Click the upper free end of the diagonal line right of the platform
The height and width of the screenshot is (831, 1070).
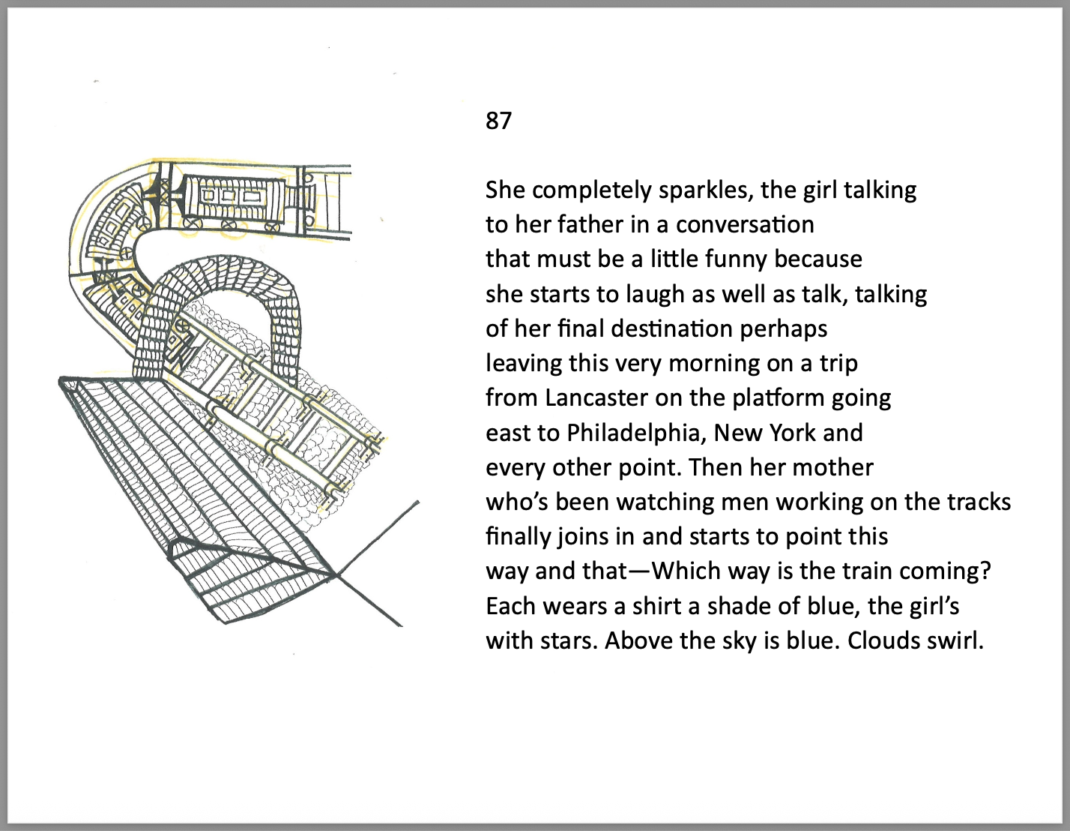(419, 502)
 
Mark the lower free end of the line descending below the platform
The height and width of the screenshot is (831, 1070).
(402, 626)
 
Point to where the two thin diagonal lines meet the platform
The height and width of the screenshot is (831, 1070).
(336, 574)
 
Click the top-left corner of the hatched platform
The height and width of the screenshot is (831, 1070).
(60, 379)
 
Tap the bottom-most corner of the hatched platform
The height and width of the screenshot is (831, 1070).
(225, 623)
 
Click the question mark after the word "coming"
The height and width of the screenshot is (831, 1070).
(985, 571)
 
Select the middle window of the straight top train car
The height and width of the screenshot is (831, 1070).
(229, 196)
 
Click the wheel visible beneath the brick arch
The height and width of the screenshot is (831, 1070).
(182, 326)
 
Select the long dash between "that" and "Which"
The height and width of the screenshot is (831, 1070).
(639, 571)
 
